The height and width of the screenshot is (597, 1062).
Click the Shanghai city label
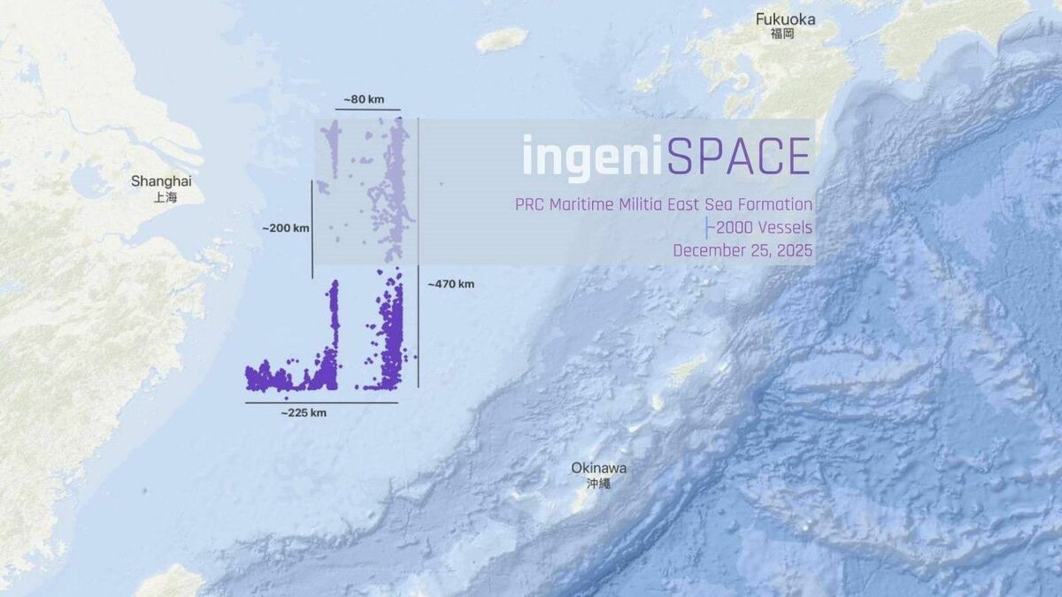[161, 180]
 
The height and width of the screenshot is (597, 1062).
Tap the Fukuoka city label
[785, 19]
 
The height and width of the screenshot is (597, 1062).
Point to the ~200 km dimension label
[286, 228]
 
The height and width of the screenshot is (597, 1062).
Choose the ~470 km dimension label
[450, 284]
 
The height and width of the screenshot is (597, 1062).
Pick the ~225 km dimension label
[304, 413]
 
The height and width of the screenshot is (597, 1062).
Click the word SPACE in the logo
[739, 157]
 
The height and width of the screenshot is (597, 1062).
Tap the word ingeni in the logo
[592, 157]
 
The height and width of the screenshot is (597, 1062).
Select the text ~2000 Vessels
[760, 228]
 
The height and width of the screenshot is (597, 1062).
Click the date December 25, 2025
[743, 250]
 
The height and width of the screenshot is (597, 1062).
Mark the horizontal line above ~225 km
[321, 403]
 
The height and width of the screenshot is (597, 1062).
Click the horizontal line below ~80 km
[367, 111]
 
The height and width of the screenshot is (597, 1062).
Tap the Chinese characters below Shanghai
[165, 197]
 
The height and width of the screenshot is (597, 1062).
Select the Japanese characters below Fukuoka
[782, 34]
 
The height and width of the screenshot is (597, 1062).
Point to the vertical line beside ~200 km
[312, 228]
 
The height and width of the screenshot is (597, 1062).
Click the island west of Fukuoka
[502, 39]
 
